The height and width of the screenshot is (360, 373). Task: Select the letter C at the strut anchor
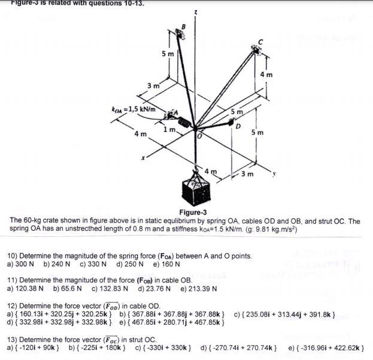(259, 41)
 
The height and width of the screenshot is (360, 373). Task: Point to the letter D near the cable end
(238, 127)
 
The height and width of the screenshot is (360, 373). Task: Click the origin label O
(202, 136)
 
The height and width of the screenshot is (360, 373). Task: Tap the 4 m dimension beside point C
(267, 75)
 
